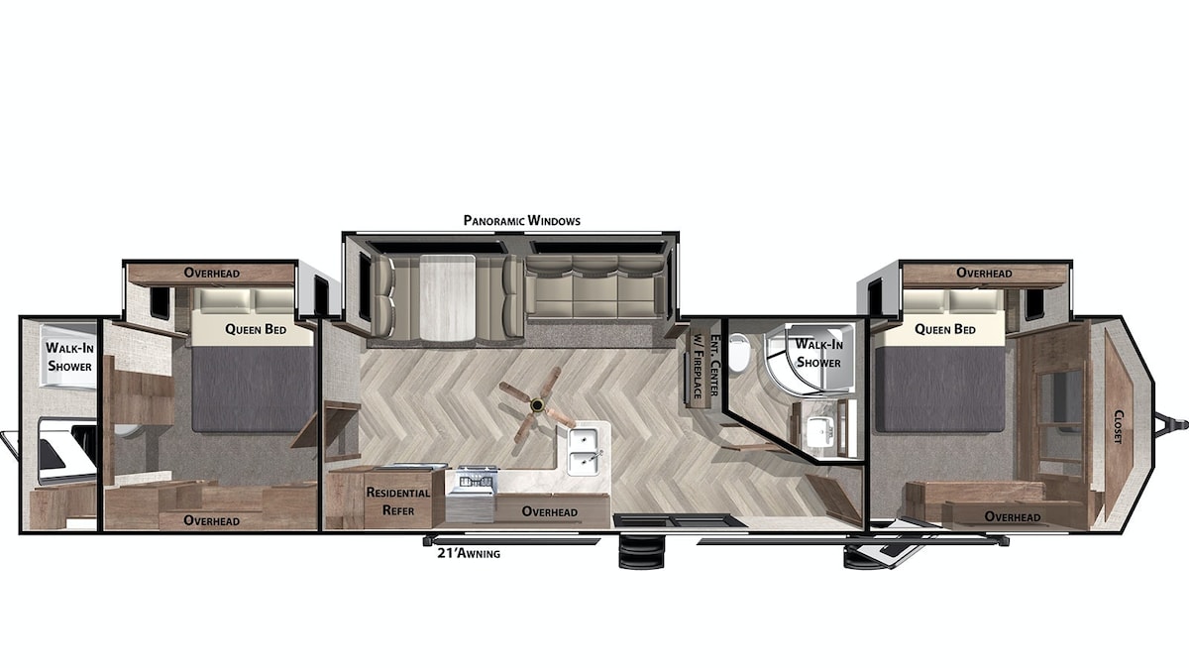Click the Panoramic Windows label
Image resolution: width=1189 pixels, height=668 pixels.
[522, 220]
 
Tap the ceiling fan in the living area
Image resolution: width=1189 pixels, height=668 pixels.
[537, 406]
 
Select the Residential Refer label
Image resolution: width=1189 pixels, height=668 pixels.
[398, 501]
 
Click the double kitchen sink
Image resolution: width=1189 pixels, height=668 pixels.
[584, 451]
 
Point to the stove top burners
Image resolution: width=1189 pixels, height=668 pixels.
[477, 481]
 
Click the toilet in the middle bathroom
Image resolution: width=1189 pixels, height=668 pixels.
[738, 352]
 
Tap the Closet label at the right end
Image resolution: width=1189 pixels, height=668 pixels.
[1118, 427]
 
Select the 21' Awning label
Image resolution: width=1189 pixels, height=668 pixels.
[469, 553]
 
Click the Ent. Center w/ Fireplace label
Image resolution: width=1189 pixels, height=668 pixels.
[705, 366]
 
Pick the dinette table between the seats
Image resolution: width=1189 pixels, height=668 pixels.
[448, 298]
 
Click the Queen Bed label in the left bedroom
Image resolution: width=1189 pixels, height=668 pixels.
[256, 329]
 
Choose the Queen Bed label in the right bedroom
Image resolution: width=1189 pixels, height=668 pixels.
[945, 329]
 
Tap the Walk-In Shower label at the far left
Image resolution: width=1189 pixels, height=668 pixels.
[69, 357]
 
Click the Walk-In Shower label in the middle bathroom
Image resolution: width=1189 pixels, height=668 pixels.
[818, 353]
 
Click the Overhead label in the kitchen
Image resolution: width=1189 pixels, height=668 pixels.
[549, 511]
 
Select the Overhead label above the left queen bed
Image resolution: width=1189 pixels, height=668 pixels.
[212, 273]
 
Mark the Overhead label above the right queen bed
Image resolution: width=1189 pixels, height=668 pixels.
[984, 273]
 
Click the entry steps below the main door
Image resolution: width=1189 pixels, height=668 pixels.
[641, 553]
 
